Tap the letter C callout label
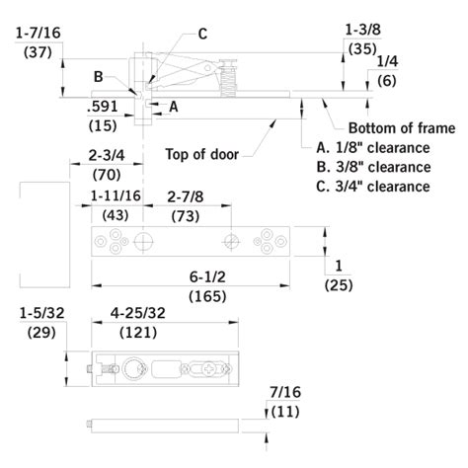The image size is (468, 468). (x=201, y=34)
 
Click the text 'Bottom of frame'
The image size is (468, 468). (x=402, y=128)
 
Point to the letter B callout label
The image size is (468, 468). (x=98, y=76)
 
